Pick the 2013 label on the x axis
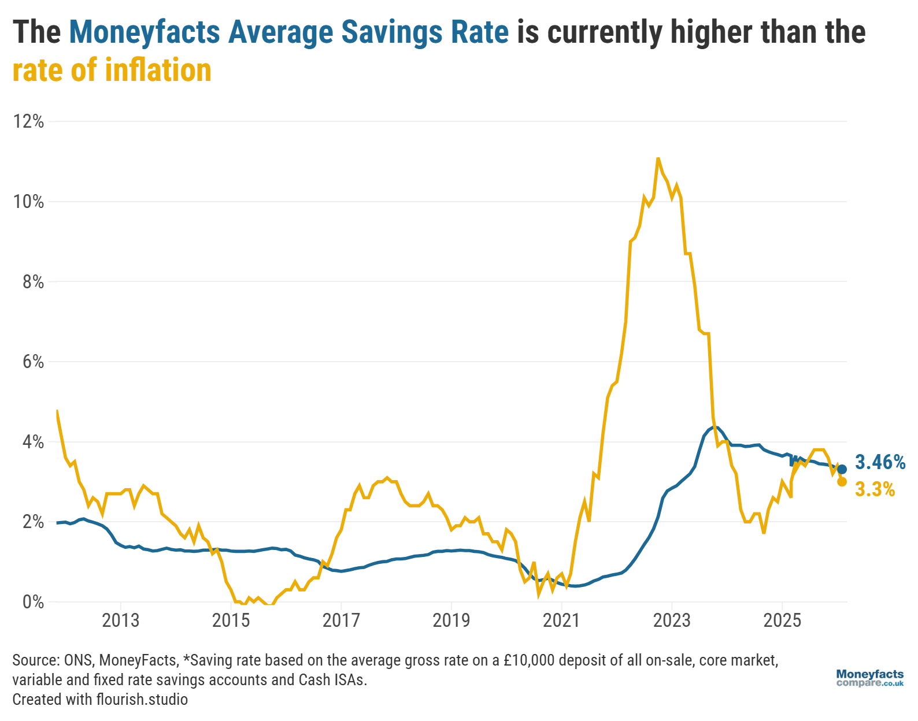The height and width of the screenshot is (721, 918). pos(120,621)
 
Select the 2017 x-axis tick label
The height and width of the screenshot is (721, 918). pos(341,621)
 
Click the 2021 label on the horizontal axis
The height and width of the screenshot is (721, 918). pos(561,621)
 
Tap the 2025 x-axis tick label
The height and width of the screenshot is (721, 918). pos(782,621)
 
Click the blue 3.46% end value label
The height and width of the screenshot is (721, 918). pos(880,462)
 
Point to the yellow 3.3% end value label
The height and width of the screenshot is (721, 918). pos(875,490)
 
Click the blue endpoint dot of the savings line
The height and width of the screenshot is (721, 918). pos(842,470)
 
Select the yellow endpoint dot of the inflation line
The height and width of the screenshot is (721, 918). pos(842,482)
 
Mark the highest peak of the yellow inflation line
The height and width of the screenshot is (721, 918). pos(658,158)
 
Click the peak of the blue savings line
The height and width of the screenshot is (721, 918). pos(715,427)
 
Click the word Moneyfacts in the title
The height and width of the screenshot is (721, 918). pos(145,32)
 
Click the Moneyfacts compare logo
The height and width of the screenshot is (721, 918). pos(869,678)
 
